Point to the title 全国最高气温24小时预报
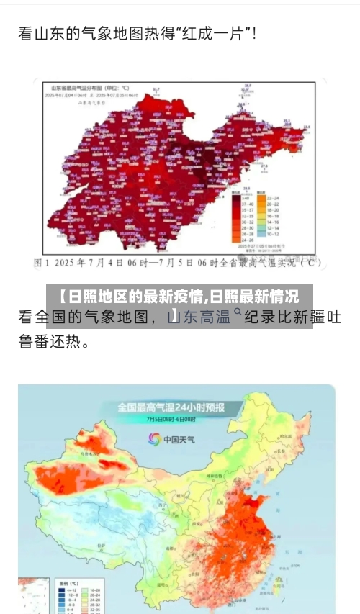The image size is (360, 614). tap(171, 407)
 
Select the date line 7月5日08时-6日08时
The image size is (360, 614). tap(171, 420)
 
